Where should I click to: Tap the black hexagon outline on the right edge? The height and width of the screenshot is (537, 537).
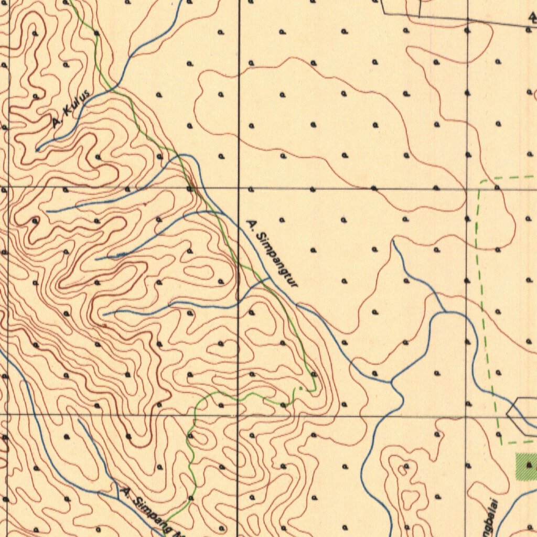coord(522,415)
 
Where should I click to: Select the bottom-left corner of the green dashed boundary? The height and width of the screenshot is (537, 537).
coord(501,444)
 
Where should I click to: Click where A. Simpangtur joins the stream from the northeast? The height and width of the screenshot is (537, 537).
coord(392,381)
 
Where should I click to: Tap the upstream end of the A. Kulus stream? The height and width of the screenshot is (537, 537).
coord(37,150)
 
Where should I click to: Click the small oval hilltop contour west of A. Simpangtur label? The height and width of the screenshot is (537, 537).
coord(198,272)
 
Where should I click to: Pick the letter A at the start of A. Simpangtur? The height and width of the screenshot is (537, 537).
coord(251,225)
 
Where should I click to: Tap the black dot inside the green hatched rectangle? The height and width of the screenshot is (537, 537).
coord(529,465)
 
